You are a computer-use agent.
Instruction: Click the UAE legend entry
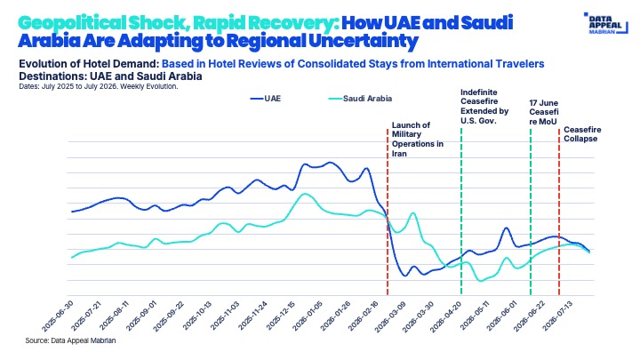point(265,99)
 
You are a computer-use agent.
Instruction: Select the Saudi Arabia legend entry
point(360,99)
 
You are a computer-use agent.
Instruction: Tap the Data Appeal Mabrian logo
point(605,23)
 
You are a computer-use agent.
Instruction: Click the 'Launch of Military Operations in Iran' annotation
point(418,140)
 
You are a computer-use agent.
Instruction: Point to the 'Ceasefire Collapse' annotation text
point(582,134)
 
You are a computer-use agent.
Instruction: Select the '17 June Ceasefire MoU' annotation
point(544,112)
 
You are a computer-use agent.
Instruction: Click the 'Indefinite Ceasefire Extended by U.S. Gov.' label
point(484,107)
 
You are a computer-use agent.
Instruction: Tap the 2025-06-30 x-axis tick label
point(58,316)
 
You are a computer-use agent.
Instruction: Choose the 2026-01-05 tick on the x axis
point(307,316)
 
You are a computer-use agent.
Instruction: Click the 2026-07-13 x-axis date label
point(556,316)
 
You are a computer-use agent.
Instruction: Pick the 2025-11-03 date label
point(224,316)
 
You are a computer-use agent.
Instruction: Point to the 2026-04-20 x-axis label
point(446,316)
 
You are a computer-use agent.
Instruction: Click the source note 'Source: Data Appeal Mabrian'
point(70,340)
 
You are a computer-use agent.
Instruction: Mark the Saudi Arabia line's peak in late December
point(304,194)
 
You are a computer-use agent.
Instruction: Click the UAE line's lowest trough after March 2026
point(405,276)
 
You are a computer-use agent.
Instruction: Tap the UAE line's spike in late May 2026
point(506,228)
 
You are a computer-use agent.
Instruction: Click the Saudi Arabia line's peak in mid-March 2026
point(412,213)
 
